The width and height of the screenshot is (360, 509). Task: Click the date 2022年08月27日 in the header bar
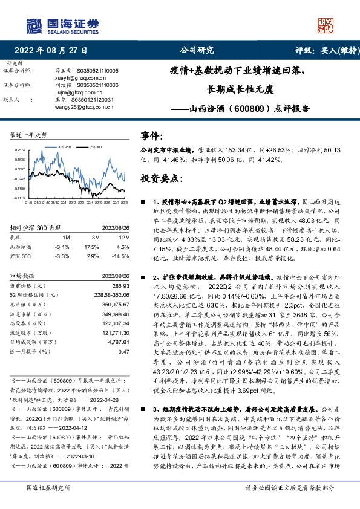pyautogui.click(x=51, y=51)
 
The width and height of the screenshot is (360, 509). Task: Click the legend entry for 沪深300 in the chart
pyautogui.click(x=95, y=146)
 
